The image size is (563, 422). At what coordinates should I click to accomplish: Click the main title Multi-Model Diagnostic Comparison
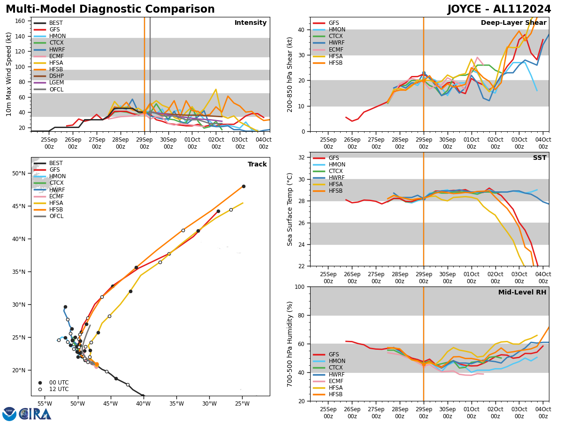pos(110,9)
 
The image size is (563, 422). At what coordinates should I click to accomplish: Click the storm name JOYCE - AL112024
pos(499,9)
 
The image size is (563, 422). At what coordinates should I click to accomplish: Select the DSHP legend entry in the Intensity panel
pos(56,76)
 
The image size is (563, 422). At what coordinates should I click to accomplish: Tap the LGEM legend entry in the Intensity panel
pos(56,83)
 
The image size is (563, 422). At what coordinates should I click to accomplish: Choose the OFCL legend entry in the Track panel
pos(56,216)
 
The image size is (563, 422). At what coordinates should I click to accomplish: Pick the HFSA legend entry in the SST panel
pos(337,184)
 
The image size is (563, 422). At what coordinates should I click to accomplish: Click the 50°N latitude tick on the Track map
pos(19,173)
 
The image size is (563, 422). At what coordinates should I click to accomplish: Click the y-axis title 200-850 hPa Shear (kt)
pos(290,74)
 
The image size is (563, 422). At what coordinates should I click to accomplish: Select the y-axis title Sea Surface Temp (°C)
pos(290,209)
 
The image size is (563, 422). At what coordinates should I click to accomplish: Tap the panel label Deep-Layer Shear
pos(513,23)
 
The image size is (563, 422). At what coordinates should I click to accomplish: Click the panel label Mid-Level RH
pos(522,293)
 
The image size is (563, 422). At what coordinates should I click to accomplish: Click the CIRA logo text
pos(35,414)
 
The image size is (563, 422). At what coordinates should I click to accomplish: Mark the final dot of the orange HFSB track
pos(243,186)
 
